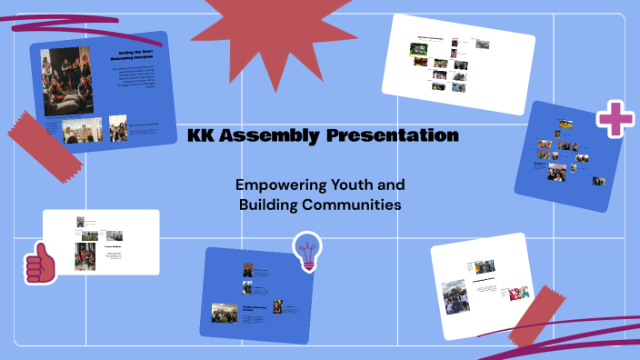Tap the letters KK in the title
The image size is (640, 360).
[x=204, y=136]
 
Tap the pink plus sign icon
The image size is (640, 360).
[x=615, y=121]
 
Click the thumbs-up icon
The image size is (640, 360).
[x=40, y=265]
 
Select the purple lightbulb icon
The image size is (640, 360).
[x=308, y=250]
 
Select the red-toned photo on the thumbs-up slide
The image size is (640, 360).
[x=83, y=257]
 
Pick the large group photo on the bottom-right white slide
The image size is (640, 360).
[x=455, y=298]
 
